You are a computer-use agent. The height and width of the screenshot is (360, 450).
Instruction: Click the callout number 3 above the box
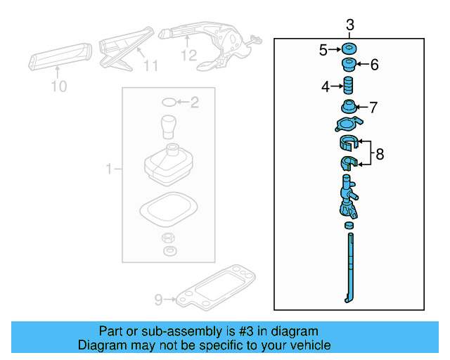(350, 26)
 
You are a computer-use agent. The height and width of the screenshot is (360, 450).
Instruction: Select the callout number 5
(323, 50)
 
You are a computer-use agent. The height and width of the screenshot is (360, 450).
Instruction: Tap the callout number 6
(374, 65)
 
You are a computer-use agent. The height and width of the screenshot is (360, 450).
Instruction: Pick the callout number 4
(325, 87)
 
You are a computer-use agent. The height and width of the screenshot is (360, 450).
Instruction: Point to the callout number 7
(373, 108)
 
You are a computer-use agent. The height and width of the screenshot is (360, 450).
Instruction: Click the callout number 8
(380, 154)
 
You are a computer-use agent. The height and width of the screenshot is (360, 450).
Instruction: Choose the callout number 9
(158, 300)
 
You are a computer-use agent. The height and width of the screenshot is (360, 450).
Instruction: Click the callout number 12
(188, 55)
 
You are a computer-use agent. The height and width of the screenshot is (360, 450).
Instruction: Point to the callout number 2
(195, 103)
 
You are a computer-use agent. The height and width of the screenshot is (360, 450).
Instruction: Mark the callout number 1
(109, 169)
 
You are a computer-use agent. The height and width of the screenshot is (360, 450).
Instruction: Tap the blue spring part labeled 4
(347, 87)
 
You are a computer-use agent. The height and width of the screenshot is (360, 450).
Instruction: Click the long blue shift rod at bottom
(349, 267)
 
